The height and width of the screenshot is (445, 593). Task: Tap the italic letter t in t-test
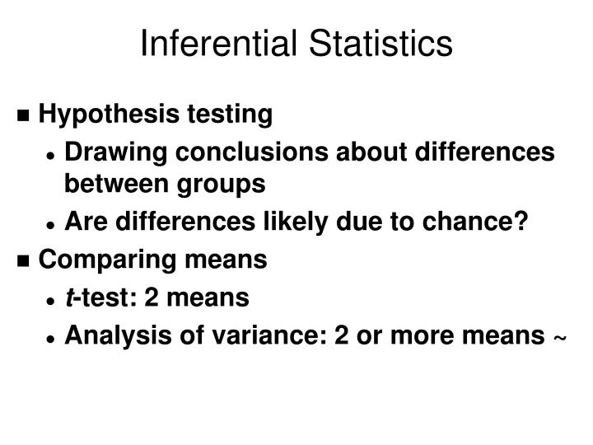[68, 297]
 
